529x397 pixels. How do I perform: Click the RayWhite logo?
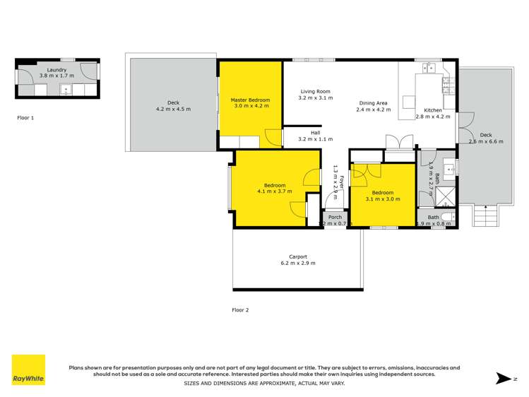[x=28, y=370]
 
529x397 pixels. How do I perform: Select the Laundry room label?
[x=53, y=70]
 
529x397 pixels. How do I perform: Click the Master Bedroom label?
[x=250, y=100]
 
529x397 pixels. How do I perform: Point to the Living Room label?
[x=315, y=91]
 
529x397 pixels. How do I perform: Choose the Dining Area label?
[x=373, y=104]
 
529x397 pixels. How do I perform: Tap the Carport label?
[x=297, y=256]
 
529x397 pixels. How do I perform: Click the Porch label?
[x=335, y=217]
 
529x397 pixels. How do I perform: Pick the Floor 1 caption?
[x=25, y=118]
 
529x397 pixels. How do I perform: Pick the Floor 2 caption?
[x=241, y=309]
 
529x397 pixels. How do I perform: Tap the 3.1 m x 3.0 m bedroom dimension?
[x=382, y=199]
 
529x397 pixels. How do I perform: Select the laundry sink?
[x=65, y=90]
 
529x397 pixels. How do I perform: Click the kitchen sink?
[x=429, y=68]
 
